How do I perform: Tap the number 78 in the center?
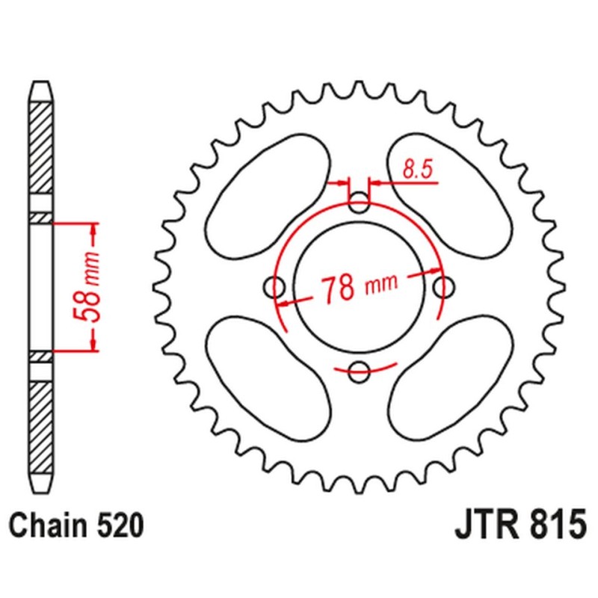pyautogui.click(x=338, y=289)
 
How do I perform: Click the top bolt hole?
pyautogui.click(x=360, y=203)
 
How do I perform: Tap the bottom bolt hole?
pyautogui.click(x=360, y=372)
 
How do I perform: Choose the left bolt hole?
pyautogui.click(x=274, y=287)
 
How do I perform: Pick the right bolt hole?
pyautogui.click(x=444, y=287)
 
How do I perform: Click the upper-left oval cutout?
pyautogui.click(x=268, y=196)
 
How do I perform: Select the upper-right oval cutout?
pyautogui.click(x=450, y=196)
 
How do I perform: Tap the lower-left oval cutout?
pyautogui.click(x=268, y=378)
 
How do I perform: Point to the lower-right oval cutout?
pyautogui.click(x=450, y=378)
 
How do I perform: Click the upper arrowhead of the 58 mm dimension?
pyautogui.click(x=93, y=230)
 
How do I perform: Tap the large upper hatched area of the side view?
pyautogui.click(x=41, y=148)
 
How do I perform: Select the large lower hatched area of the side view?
pyautogui.click(x=41, y=427)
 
